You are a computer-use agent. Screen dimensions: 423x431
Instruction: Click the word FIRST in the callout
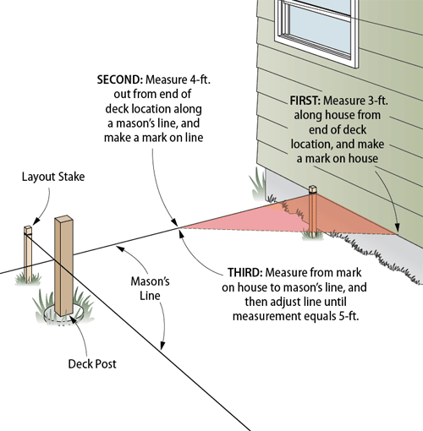(x=305, y=101)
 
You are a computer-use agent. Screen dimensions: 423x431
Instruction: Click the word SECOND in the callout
(x=120, y=79)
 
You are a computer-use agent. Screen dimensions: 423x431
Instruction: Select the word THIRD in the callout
(x=245, y=272)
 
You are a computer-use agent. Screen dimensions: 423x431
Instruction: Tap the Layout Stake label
(x=53, y=177)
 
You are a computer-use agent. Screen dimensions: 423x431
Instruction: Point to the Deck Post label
(x=92, y=363)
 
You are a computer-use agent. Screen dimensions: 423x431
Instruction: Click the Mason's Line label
(x=150, y=288)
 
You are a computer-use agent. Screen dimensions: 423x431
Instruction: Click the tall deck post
(x=64, y=265)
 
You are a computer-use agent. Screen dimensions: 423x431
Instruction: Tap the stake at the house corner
(x=312, y=211)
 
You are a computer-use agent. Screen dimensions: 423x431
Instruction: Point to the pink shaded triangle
(x=288, y=218)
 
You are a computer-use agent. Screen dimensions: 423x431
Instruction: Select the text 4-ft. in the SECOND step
(x=197, y=79)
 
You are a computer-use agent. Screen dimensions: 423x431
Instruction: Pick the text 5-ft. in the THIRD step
(x=349, y=316)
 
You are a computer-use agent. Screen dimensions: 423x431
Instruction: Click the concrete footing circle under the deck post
(x=63, y=314)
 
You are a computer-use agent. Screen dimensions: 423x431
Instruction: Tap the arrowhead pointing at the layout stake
(x=36, y=221)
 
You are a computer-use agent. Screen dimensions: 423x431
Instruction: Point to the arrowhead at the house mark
(x=397, y=227)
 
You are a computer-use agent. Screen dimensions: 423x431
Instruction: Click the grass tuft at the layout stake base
(x=28, y=279)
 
